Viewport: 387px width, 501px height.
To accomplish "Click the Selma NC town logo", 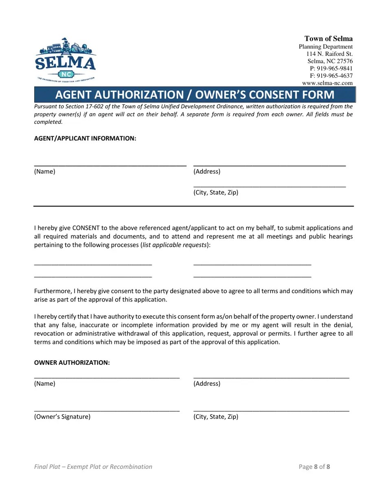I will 66,60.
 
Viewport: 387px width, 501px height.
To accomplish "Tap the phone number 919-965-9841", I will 331,68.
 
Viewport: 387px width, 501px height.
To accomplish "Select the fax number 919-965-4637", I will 331,76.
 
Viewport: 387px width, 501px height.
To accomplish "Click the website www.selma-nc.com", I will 327,83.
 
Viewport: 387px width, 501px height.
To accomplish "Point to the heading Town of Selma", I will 328,39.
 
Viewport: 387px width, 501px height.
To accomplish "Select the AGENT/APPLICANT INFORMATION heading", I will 85,138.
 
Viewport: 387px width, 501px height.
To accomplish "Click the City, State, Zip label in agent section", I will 215,193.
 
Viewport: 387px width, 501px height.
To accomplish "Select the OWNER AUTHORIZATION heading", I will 72,363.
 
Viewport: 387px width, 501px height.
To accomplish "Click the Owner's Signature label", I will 62,417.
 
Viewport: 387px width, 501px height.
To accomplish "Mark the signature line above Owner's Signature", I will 107,410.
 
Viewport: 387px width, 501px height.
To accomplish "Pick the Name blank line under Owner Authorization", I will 107,377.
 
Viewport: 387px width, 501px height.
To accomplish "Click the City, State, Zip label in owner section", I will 215,417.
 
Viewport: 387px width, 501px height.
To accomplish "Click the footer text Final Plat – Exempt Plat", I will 93,467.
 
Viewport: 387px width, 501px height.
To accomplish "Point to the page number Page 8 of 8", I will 314,467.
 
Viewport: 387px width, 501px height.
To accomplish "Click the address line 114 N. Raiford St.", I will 329,54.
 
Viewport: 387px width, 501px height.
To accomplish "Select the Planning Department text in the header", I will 325,46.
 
